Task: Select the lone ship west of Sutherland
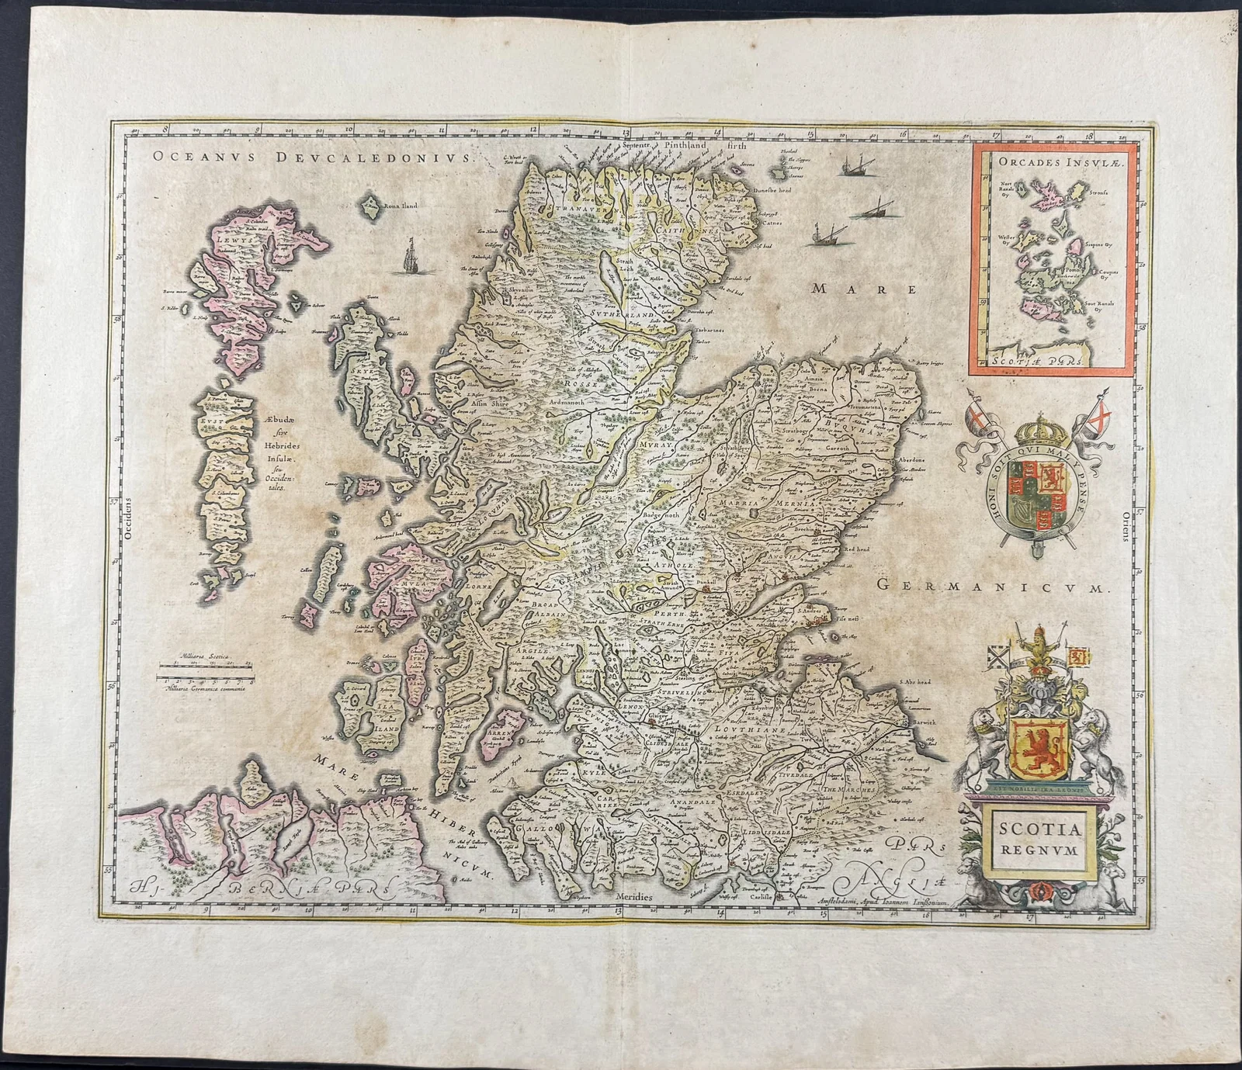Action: pos(409,258)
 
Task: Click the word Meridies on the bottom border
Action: pos(635,895)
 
